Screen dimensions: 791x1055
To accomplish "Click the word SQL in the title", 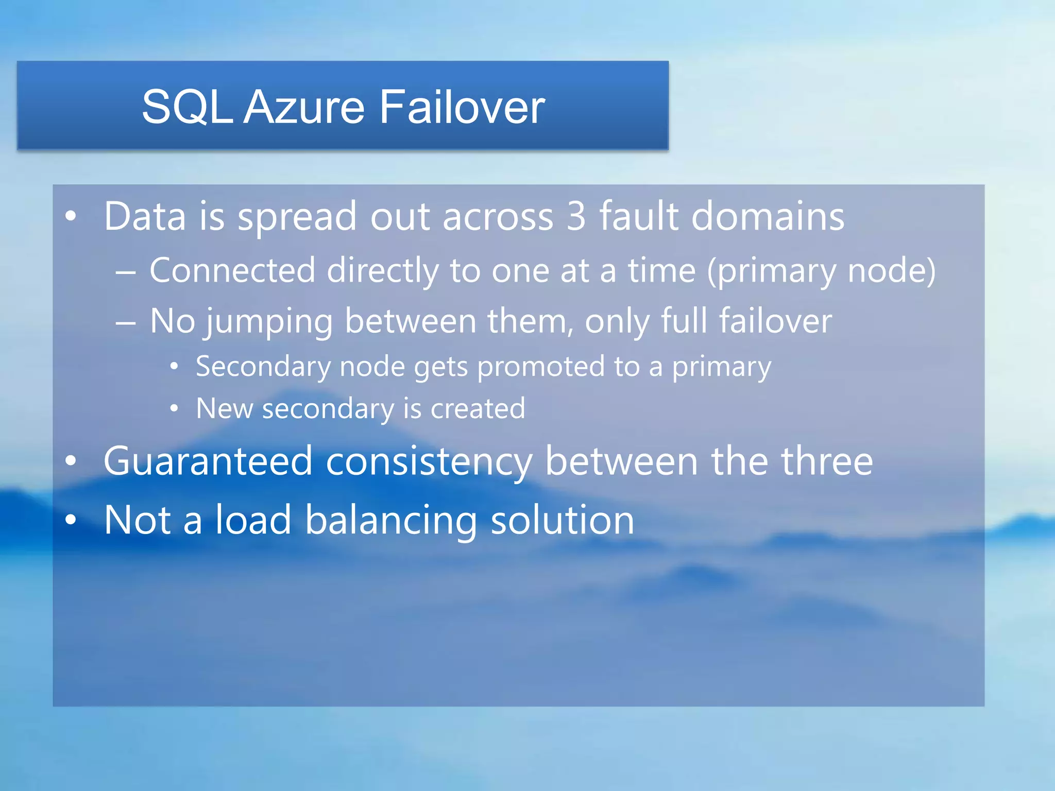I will pyautogui.click(x=186, y=107).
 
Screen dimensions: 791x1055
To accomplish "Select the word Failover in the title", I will pyautogui.click(x=462, y=107).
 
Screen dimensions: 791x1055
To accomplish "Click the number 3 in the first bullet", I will pyautogui.click(x=576, y=216).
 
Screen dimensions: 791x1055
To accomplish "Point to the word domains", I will pyautogui.click(x=768, y=216).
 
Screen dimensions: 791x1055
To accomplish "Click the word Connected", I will pyautogui.click(x=232, y=270).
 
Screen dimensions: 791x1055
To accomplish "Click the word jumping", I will pyautogui.click(x=269, y=322).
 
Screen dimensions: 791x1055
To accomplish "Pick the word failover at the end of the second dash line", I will pyautogui.click(x=775, y=321).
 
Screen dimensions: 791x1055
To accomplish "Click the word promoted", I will pyautogui.click(x=541, y=367).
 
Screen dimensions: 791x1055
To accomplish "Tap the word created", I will pyautogui.click(x=478, y=409).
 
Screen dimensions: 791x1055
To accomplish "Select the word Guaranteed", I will pyautogui.click(x=208, y=461).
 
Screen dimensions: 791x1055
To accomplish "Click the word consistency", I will pyautogui.click(x=429, y=462).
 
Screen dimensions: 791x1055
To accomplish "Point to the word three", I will pyautogui.click(x=827, y=461).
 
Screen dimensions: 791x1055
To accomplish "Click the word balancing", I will pyautogui.click(x=391, y=520).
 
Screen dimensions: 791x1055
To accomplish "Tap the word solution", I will pyautogui.click(x=562, y=520).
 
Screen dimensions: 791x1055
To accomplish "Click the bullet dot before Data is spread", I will pyautogui.click(x=71, y=216).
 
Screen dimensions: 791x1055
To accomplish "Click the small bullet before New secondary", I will pyautogui.click(x=174, y=409).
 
